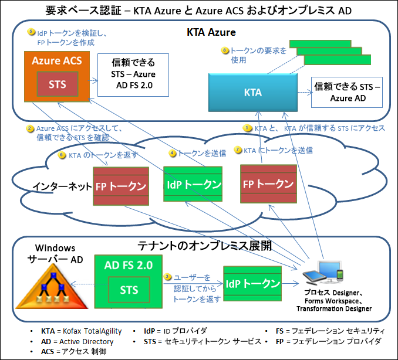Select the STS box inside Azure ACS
[x=57, y=84]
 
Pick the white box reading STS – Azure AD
[x=348, y=93]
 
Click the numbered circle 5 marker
[x=32, y=33]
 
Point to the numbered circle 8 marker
[x=225, y=50]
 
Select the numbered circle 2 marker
[x=29, y=128]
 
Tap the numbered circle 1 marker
[x=248, y=127]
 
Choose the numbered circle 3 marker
[x=167, y=276]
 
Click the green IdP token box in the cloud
[x=193, y=184]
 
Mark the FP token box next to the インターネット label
[x=121, y=186]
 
